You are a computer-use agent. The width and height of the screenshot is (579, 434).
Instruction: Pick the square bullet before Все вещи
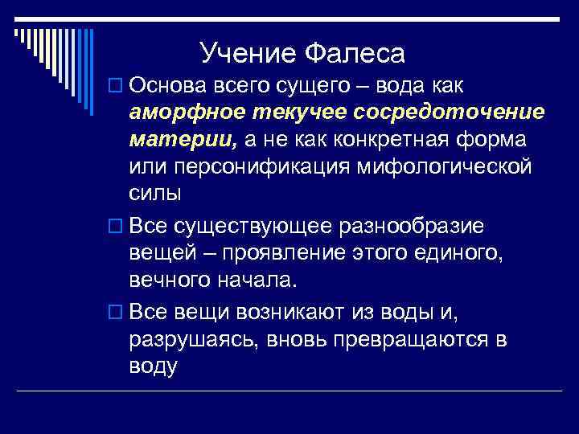tap(118, 311)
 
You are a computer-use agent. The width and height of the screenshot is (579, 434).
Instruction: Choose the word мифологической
tap(456, 167)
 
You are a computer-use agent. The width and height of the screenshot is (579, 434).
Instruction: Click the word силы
tap(154, 194)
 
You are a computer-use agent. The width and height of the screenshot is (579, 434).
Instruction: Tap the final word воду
tap(152, 366)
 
